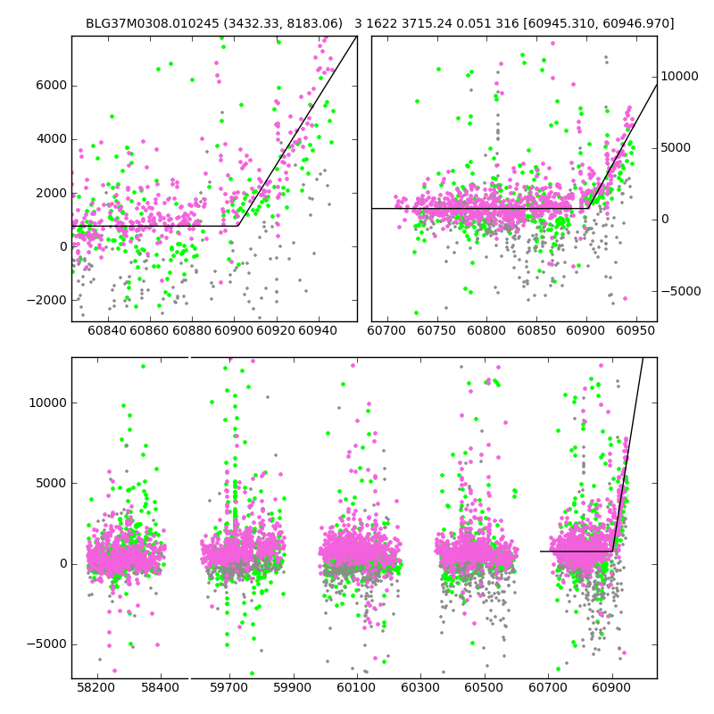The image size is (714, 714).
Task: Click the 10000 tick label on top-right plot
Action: click(x=680, y=77)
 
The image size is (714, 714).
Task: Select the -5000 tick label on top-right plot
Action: click(x=682, y=291)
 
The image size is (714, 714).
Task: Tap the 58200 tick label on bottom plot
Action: click(x=95, y=688)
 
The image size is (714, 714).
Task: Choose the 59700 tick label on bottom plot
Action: click(x=228, y=688)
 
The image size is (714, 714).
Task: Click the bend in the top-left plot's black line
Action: click(x=238, y=226)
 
